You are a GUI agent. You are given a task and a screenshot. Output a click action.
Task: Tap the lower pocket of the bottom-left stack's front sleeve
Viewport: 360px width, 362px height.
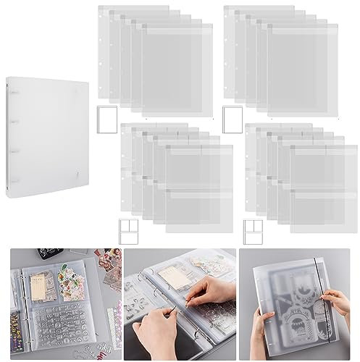(198, 211)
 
